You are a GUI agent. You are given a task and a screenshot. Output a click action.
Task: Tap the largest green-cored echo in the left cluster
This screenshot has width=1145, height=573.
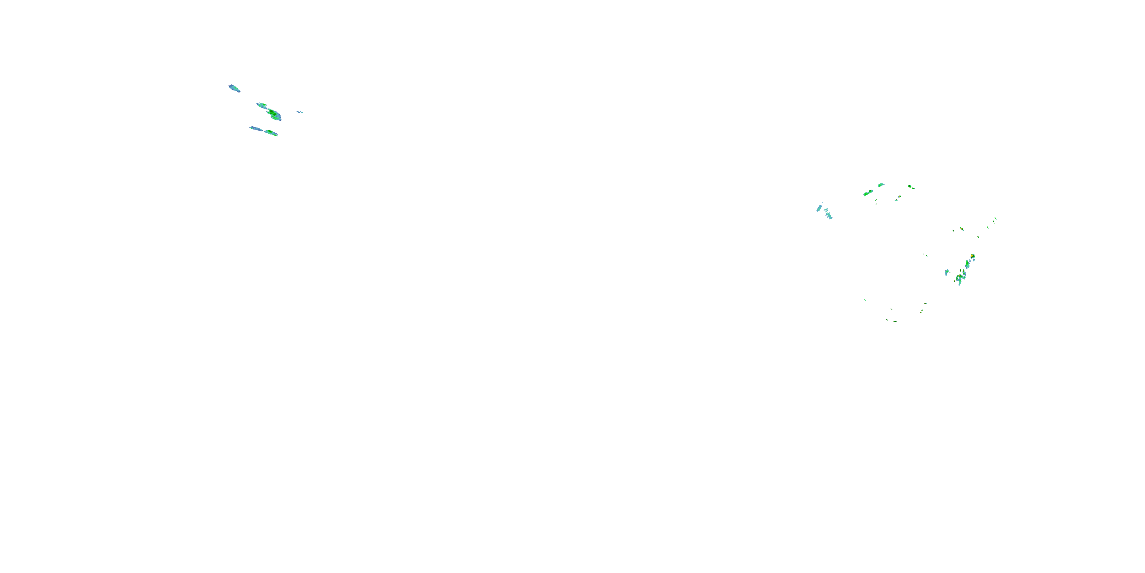pyautogui.click(x=274, y=114)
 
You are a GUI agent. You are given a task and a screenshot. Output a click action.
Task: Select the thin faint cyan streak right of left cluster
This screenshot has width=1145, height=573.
pyautogui.click(x=300, y=112)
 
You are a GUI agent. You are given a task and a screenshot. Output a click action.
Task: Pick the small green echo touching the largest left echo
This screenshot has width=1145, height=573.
pyautogui.click(x=262, y=105)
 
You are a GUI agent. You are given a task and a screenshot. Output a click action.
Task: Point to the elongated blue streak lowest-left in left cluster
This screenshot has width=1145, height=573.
pyautogui.click(x=256, y=129)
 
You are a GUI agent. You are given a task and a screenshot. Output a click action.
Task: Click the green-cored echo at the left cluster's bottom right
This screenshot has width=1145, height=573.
pyautogui.click(x=271, y=133)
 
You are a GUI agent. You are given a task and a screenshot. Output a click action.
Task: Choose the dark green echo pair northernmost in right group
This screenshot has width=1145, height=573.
pyautogui.click(x=911, y=186)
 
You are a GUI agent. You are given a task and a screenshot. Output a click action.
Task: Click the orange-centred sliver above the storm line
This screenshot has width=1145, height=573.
pyautogui.click(x=961, y=229)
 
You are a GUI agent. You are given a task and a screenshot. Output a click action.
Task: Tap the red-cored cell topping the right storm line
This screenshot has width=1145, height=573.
pyautogui.click(x=972, y=256)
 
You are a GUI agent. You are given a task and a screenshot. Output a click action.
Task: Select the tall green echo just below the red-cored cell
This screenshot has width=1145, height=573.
pyautogui.click(x=967, y=264)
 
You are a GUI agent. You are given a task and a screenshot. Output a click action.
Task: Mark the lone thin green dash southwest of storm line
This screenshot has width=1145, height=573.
pyautogui.click(x=864, y=299)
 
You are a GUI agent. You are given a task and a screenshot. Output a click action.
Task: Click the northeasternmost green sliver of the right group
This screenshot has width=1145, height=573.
pyautogui.click(x=995, y=219)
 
